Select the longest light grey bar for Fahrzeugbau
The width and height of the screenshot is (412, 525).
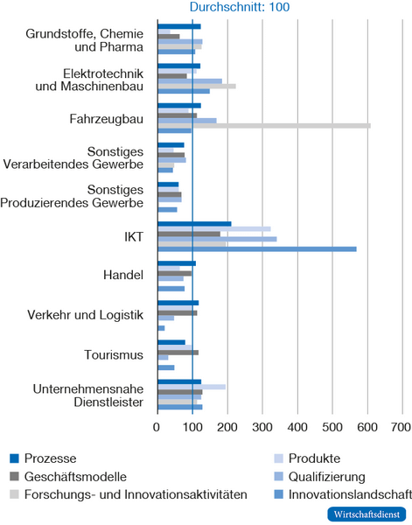(350, 125)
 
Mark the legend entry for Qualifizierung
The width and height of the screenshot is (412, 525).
(325, 477)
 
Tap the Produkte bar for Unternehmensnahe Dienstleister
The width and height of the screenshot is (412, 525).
(191, 387)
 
